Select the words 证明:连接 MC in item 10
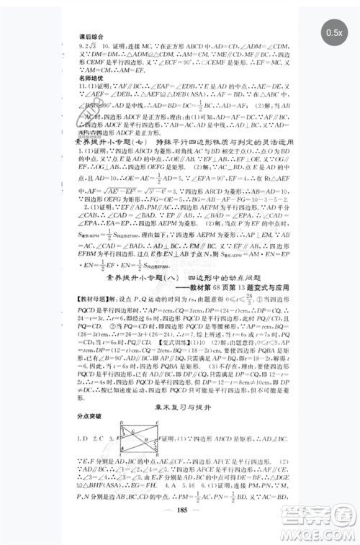142,44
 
